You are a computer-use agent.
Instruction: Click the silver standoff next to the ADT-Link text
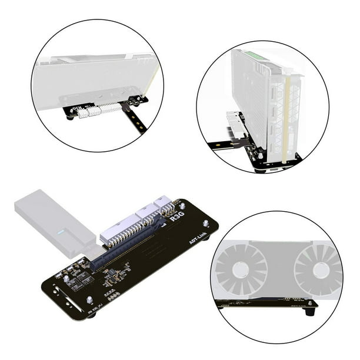(x=205, y=224)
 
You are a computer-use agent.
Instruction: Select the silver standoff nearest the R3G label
(x=182, y=206)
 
